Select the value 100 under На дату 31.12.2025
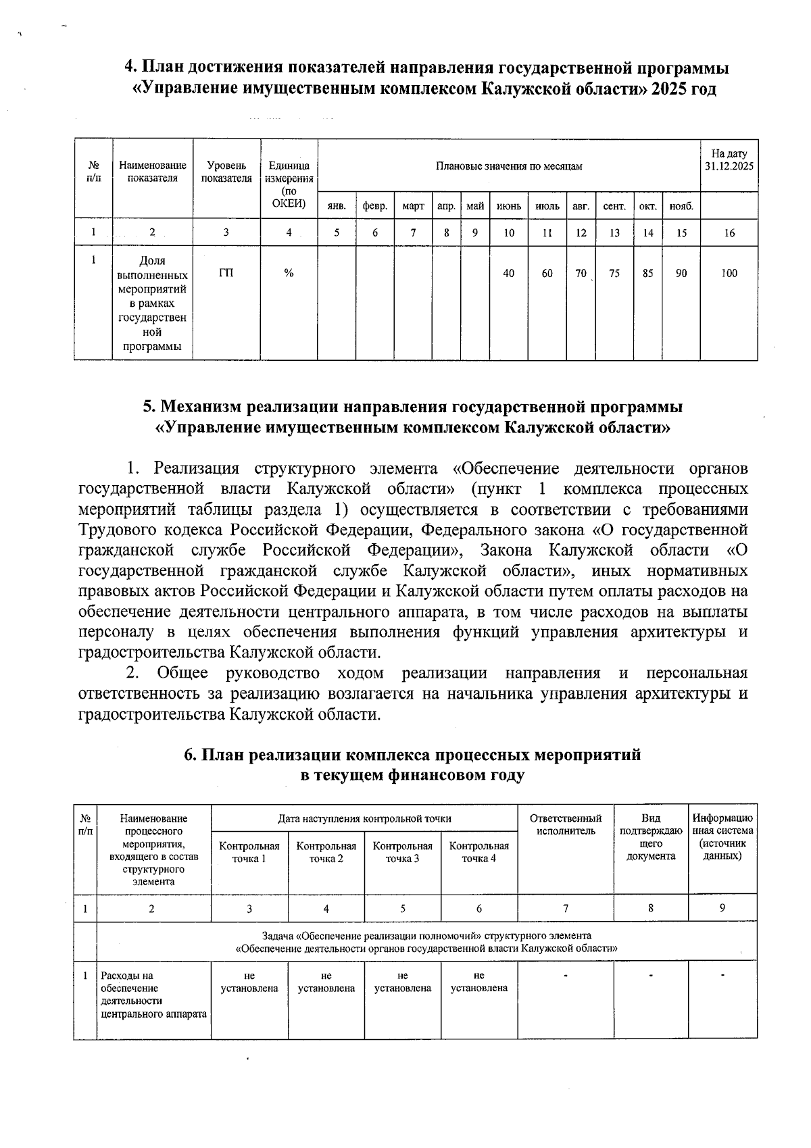click(x=729, y=274)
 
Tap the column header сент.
click(x=614, y=205)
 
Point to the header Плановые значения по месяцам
click(x=508, y=166)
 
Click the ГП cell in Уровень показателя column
click(x=226, y=273)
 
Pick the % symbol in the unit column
click(x=289, y=273)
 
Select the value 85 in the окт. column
click(x=647, y=274)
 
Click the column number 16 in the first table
click(x=729, y=233)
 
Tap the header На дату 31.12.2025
click(x=729, y=160)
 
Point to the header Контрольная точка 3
click(x=403, y=852)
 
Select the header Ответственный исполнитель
click(x=566, y=824)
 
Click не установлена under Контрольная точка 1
click(x=249, y=982)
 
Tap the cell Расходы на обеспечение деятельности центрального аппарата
click(x=153, y=995)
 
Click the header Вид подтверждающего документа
click(x=651, y=837)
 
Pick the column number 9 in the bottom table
click(x=722, y=909)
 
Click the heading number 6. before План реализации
click(x=191, y=756)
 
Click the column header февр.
click(x=374, y=205)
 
